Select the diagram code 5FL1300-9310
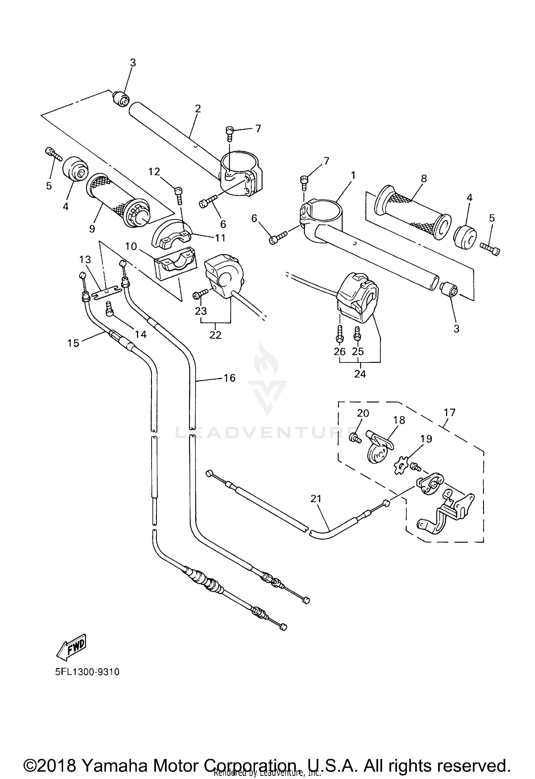coord(87,672)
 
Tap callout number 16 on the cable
coord(229,378)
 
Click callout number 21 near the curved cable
coord(316,499)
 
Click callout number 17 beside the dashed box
coord(450,413)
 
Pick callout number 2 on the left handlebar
coord(198,109)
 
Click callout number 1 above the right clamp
coord(353,175)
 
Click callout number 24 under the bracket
coord(360,374)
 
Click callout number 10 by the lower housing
coord(131,246)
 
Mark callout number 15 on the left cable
coord(73,343)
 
